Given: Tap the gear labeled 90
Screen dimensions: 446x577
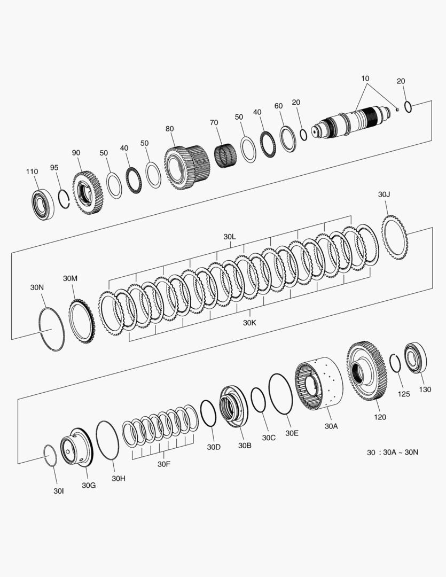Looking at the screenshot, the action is [x=88, y=193].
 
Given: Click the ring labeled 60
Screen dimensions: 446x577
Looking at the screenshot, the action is [x=288, y=139].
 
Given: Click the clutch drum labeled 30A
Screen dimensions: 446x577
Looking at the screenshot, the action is [x=319, y=384].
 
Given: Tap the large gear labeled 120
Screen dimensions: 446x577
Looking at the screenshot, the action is [x=366, y=371].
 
